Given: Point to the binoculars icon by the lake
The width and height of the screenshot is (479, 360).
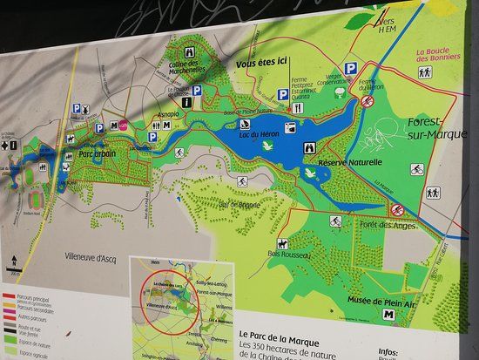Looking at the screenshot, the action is [x=307, y=149].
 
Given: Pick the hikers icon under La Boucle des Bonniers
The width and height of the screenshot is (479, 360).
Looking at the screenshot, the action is [x=425, y=72].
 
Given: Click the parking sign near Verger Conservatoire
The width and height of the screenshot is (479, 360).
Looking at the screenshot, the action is [x=350, y=68].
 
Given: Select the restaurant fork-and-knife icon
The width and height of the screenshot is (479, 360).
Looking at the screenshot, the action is [x=298, y=108].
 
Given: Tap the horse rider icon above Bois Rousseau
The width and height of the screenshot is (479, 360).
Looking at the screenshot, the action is [x=283, y=243].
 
